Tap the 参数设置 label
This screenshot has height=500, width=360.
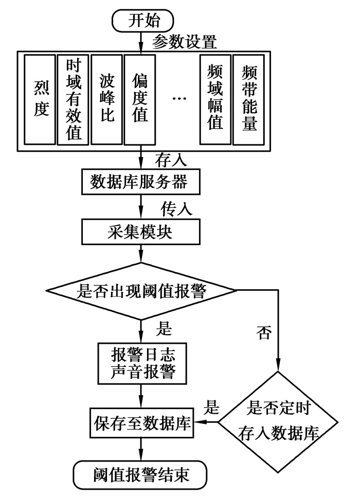[186, 41]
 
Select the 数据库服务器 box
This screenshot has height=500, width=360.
[140, 181]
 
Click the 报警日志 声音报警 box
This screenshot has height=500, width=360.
[141, 363]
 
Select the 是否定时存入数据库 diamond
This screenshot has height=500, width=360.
[278, 421]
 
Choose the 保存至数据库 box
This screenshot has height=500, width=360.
[140, 423]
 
